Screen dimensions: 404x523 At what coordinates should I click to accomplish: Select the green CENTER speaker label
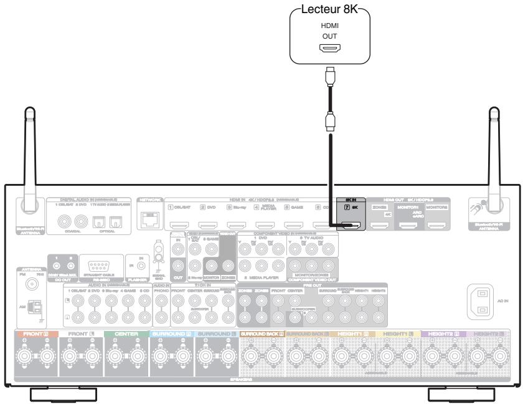126,334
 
